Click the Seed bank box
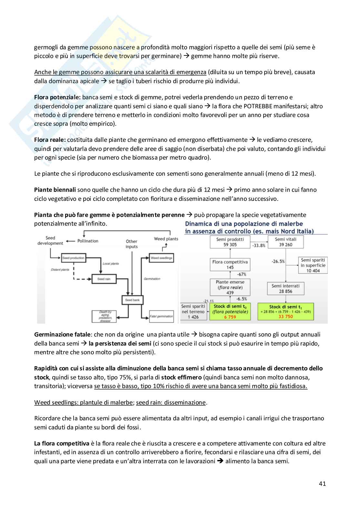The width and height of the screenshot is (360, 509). coord(132,300)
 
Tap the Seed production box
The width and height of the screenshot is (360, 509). coord(73,258)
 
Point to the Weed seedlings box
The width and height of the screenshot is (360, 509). coord(162,258)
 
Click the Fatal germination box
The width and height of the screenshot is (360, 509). coord(162,316)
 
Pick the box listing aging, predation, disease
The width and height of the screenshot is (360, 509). coord(104,316)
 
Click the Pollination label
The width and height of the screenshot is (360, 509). coord(88,241)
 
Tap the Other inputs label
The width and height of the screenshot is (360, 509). coord(132,244)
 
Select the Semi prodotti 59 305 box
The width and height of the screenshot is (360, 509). coord(230,242)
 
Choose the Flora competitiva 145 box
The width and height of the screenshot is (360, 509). coord(230,265)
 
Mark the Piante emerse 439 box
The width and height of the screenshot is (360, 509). coord(230,287)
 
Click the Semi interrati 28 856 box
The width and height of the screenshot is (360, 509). coord(285,289)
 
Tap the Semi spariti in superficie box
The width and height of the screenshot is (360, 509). coord(313,265)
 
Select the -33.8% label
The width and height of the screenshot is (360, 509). coord(259,245)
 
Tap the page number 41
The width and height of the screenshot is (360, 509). coord(322,484)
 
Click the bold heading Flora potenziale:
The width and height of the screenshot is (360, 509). coord(57,97)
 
